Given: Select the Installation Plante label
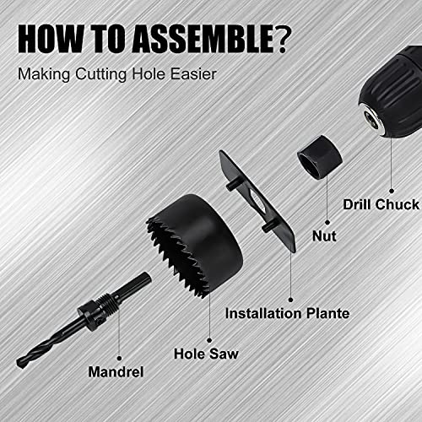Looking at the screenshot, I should coord(287,313).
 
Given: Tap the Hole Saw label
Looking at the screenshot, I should coord(205,354).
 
